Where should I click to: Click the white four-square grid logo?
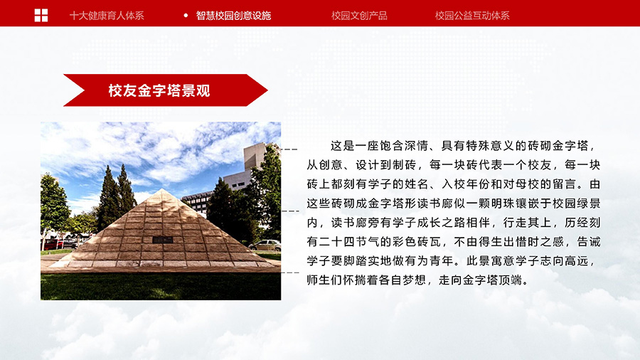(x=41, y=16)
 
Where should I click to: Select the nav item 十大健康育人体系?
(x=107, y=16)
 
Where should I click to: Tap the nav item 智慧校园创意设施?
(x=233, y=16)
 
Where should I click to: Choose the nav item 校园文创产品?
(x=359, y=16)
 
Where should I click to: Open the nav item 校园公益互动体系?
(x=472, y=16)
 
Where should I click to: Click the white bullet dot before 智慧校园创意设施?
(x=186, y=16)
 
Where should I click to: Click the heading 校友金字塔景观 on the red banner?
(x=159, y=90)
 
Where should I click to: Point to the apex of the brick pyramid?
(x=162, y=189)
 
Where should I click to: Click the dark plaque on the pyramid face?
(x=162, y=240)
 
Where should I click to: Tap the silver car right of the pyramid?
(x=265, y=245)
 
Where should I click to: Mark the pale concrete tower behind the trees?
(x=255, y=157)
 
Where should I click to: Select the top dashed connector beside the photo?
(x=290, y=149)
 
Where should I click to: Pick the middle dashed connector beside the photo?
(x=291, y=211)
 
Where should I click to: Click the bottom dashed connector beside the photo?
(x=291, y=272)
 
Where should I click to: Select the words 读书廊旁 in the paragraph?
(x=355, y=223)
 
